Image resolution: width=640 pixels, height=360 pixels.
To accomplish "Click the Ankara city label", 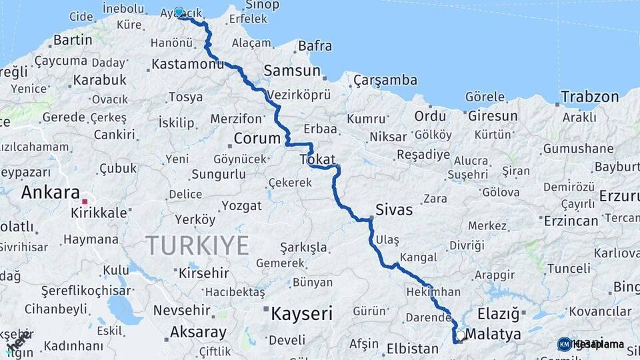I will pos(51,193).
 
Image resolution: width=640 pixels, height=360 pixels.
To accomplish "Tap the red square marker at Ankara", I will pos(85,201).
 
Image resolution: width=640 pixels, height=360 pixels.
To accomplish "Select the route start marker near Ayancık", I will pos(179,12).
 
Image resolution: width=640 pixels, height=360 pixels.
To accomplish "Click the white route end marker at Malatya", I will pos(460,335).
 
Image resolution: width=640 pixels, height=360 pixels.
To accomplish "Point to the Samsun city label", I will pos(292,71).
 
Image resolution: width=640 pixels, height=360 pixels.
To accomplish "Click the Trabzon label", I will pos(589,97).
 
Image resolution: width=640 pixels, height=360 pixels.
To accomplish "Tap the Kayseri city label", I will pos(301,313).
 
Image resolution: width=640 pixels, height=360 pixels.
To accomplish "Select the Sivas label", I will pos(394,209).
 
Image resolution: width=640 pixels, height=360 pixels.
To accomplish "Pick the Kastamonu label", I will pos(188,64).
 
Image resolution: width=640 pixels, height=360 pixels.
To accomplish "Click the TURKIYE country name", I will pos(197,245).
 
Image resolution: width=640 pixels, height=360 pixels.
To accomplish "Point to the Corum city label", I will pos(257,139).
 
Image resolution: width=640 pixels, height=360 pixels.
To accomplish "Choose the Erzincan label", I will pos(571,221).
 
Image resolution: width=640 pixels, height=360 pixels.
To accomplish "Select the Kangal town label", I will pos(419,257).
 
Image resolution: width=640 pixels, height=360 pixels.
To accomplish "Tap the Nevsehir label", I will pos(183,311).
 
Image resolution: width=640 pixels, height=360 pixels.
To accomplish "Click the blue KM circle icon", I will pos(564,344).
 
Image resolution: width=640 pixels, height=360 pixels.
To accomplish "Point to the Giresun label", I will pos(492,116).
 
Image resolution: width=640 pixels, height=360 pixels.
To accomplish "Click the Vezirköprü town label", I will pos(299,95).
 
